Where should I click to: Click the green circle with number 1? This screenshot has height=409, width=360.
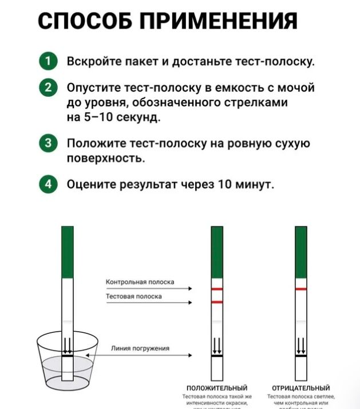pyautogui.click(x=49, y=61)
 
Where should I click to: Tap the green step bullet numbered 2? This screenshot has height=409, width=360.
pyautogui.click(x=49, y=88)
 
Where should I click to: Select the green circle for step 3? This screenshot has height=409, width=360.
pyautogui.click(x=49, y=143)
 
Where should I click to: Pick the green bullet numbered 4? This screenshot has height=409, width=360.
pyautogui.click(x=49, y=184)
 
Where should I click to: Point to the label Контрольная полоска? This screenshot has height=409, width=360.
pyautogui.click(x=140, y=282)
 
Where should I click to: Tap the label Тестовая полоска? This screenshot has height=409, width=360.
pyautogui.click(x=134, y=296)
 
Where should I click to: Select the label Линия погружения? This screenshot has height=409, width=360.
pyautogui.click(x=140, y=348)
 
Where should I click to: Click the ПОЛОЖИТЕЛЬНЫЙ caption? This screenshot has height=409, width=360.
pyautogui.click(x=217, y=388)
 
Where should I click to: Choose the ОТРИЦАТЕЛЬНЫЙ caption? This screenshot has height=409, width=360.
pyautogui.click(x=301, y=388)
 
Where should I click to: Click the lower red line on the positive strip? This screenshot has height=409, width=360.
pyautogui.click(x=217, y=301)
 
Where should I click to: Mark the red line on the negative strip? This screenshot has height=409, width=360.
pyautogui.click(x=301, y=289)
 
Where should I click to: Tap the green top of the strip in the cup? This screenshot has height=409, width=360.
pyautogui.click(x=68, y=252)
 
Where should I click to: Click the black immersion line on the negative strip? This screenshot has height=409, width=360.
pyautogui.click(x=301, y=356)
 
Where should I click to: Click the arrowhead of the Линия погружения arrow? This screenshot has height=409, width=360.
pyautogui.click(x=192, y=356)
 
